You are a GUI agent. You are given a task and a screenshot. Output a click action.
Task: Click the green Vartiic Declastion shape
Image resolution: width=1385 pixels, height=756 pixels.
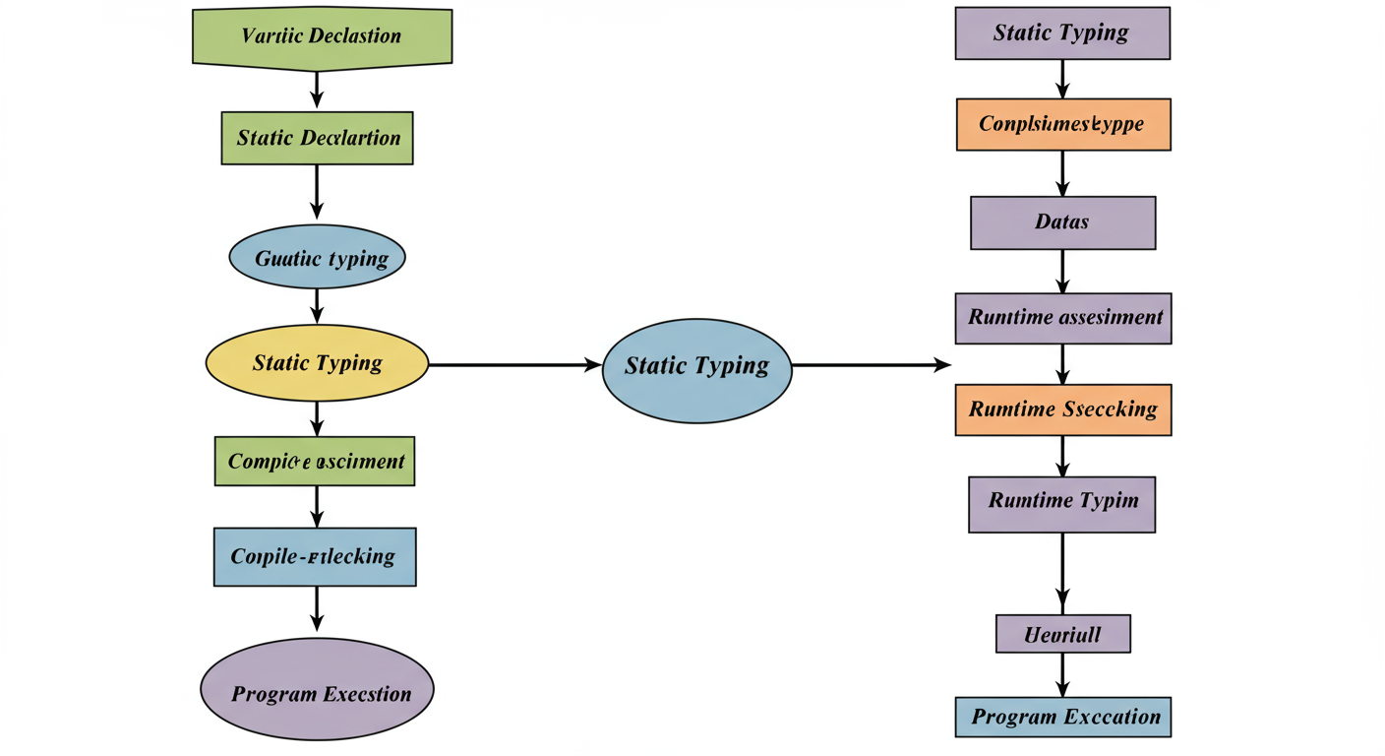point(322,37)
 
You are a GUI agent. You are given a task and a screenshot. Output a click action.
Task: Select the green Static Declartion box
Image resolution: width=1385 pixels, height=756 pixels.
point(318,138)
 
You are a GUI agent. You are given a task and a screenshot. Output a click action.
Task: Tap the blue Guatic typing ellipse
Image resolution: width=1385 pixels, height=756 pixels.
point(317,258)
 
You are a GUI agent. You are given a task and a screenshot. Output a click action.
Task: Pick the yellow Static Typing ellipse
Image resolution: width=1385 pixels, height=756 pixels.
point(317,363)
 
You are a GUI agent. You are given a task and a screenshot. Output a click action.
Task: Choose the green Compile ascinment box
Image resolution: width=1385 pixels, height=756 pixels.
point(315,461)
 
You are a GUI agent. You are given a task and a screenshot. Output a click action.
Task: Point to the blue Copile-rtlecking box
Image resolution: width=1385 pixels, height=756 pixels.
point(315,556)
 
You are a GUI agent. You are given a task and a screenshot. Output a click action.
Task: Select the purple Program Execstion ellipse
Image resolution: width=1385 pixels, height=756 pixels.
point(317,693)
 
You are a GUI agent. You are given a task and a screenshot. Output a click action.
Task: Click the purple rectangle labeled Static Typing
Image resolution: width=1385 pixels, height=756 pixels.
point(1062,33)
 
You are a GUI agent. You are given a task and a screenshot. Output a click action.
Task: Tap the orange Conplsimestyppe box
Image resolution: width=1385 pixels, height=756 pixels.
point(1062,125)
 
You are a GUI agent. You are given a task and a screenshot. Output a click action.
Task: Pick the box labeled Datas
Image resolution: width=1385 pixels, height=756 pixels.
point(1062,222)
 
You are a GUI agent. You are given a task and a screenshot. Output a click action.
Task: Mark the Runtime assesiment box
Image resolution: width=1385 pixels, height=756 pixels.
point(1063,318)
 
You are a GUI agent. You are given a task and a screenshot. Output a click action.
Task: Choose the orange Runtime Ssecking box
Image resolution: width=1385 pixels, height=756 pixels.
point(1063,409)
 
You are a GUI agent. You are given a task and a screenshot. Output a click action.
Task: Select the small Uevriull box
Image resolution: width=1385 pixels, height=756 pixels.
point(1062,634)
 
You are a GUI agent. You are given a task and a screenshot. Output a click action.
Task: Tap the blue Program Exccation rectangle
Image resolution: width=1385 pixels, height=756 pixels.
point(1063,717)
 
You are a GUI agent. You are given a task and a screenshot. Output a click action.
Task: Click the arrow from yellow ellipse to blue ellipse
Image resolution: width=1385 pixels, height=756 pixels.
point(514,364)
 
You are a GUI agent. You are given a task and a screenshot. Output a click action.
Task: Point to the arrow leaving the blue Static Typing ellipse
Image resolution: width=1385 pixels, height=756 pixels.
point(871,365)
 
